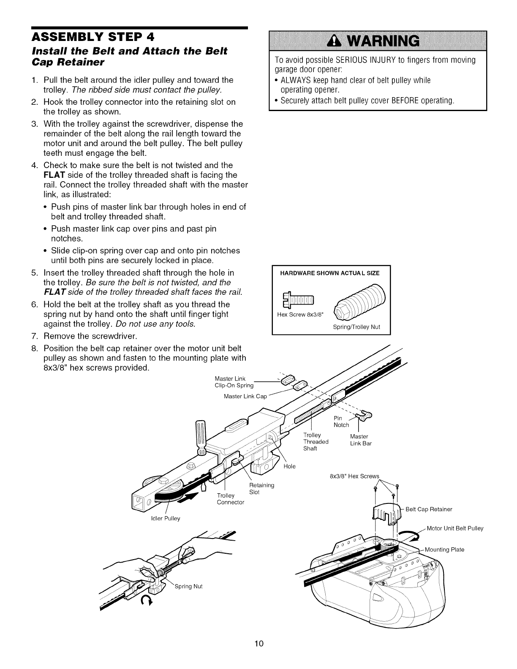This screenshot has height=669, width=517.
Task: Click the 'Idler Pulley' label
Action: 166,518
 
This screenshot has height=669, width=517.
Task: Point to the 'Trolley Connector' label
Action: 230,499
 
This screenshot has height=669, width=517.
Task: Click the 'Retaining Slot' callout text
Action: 261,489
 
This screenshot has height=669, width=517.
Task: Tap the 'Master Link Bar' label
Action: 360,440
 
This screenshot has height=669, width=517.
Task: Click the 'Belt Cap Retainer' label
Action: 429,509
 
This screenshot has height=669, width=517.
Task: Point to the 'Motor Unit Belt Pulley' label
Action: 455,528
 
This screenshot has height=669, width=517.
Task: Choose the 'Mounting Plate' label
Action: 444,549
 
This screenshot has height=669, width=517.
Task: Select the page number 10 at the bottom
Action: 259,644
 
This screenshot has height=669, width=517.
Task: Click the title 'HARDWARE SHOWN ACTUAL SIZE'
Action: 330,273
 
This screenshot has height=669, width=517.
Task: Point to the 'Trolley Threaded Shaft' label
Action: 316,442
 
